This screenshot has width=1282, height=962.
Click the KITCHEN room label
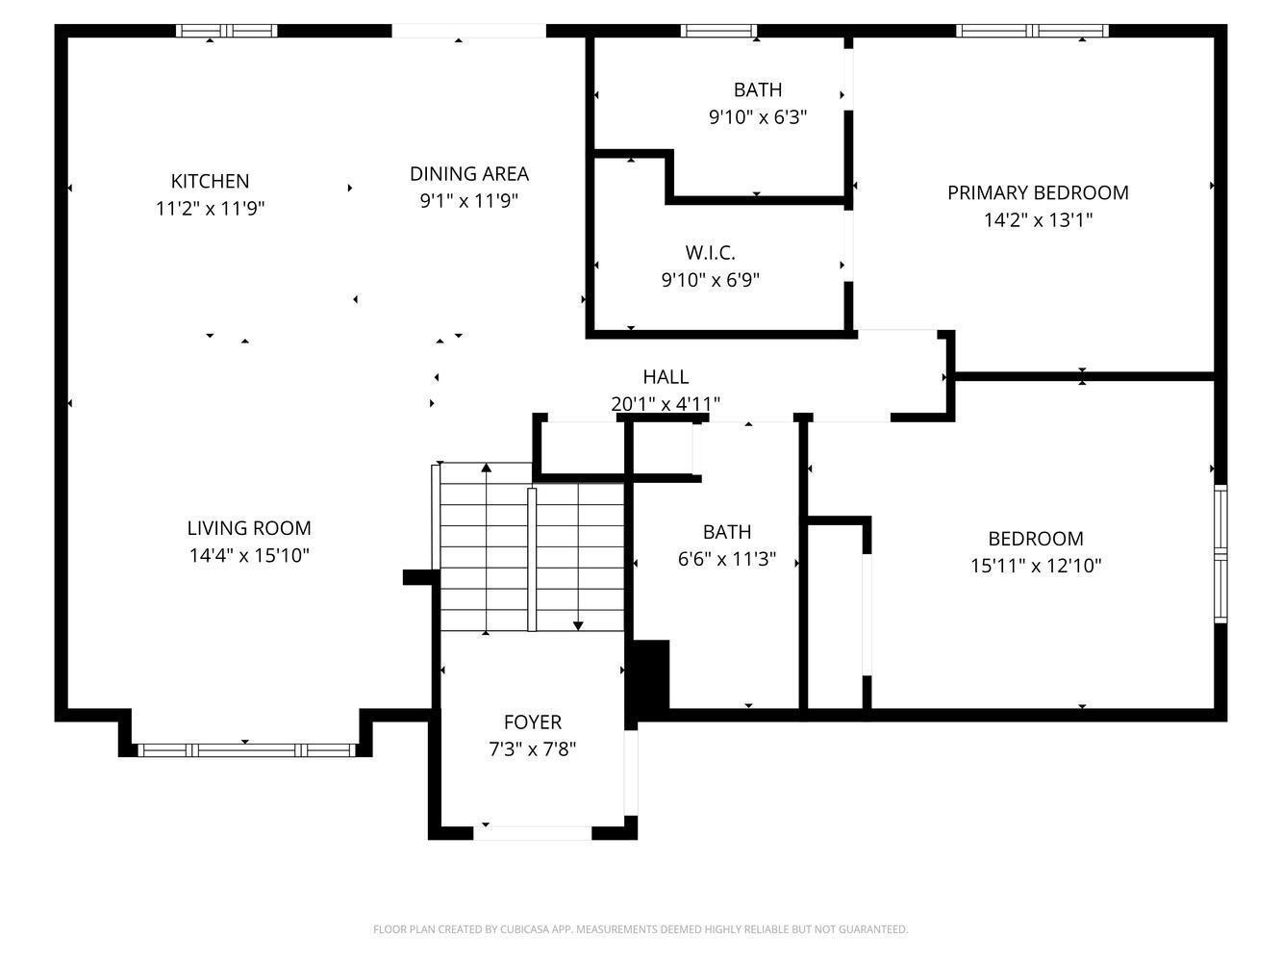coord(210,181)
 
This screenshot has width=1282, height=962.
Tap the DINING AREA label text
coord(469,174)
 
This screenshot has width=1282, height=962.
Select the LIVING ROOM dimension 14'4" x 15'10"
coord(249,555)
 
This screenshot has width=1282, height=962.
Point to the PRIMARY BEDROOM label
coord(1038,192)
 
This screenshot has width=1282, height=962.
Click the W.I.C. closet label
coord(710,253)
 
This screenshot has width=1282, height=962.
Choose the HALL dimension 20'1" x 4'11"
coord(666,404)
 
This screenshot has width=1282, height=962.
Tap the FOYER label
coord(533,722)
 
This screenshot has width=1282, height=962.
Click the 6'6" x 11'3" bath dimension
coord(726,560)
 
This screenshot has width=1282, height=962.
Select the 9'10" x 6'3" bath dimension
coord(758,117)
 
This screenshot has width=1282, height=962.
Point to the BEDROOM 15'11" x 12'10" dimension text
coord(1036,566)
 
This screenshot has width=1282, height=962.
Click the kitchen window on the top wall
coord(227,31)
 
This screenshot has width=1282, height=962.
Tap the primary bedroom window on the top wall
coord(1032,31)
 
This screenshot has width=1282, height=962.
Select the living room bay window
coord(246,750)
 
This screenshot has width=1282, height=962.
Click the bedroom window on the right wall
coord(1220,554)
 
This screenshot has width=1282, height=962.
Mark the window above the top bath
coord(719,31)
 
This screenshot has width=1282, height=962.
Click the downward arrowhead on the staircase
coord(578,626)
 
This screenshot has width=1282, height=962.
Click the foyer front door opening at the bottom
coord(532,832)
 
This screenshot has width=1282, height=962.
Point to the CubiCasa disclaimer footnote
coord(641,929)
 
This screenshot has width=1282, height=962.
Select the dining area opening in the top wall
coord(468,31)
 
